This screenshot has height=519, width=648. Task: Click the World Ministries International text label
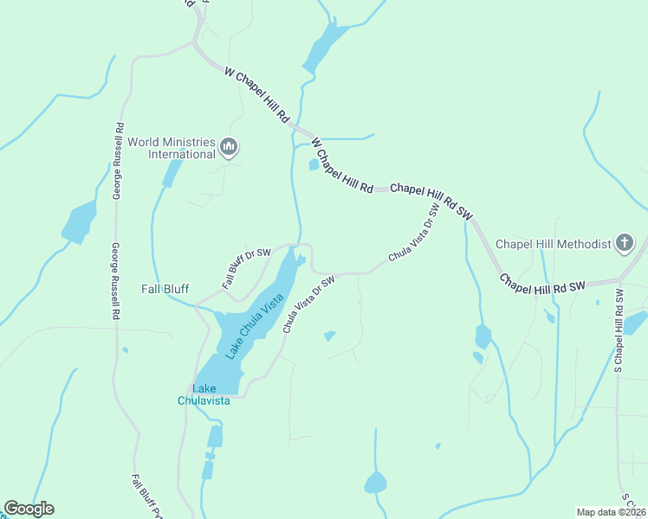coord(171,148)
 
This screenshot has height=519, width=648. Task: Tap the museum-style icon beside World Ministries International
coord(229,148)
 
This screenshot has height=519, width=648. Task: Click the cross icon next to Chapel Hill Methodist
coord(625,244)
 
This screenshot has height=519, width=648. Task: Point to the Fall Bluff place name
coord(165,289)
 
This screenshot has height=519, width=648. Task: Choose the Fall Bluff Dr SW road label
coord(246,268)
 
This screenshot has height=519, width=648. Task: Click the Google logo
coord(29,509)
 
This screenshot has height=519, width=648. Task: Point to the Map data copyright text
coord(611,512)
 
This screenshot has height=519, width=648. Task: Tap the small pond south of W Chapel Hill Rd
coord(314,164)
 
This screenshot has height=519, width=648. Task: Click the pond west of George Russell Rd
coord(79,221)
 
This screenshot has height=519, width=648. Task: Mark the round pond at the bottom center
coord(375,482)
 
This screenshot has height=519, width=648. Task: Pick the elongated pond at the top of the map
coord(324,48)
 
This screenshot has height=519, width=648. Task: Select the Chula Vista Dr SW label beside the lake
coord(308,304)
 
